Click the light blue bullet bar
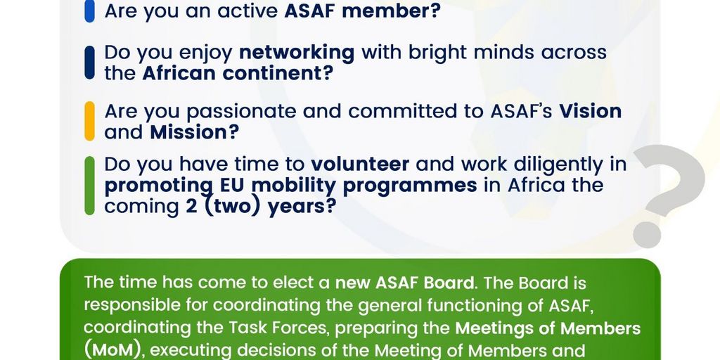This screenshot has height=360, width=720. (x=89, y=11)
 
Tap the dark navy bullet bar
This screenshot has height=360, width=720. (x=89, y=63)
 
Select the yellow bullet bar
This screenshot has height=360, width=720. (x=89, y=121)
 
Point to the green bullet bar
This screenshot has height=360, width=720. (x=89, y=186)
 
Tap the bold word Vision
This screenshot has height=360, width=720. (x=590, y=112)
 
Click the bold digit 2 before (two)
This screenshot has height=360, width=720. (x=192, y=207)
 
